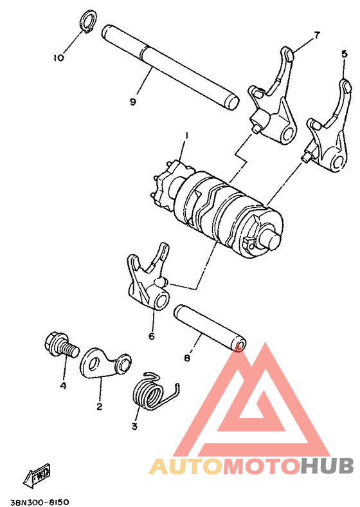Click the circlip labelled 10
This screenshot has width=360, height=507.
pyautogui.click(x=87, y=20)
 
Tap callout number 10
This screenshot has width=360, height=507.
pyautogui.click(x=59, y=58)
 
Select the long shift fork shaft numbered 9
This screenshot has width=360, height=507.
pyautogui.click(x=170, y=66)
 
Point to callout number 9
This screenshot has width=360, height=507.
pyautogui.click(x=132, y=102)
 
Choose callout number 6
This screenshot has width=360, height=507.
pyautogui.click(x=152, y=335)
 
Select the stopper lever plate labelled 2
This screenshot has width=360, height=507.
pyautogui.click(x=105, y=364)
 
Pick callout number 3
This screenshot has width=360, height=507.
pyautogui.click(x=135, y=426)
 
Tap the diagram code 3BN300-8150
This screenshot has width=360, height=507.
pyautogui.click(x=40, y=499)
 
